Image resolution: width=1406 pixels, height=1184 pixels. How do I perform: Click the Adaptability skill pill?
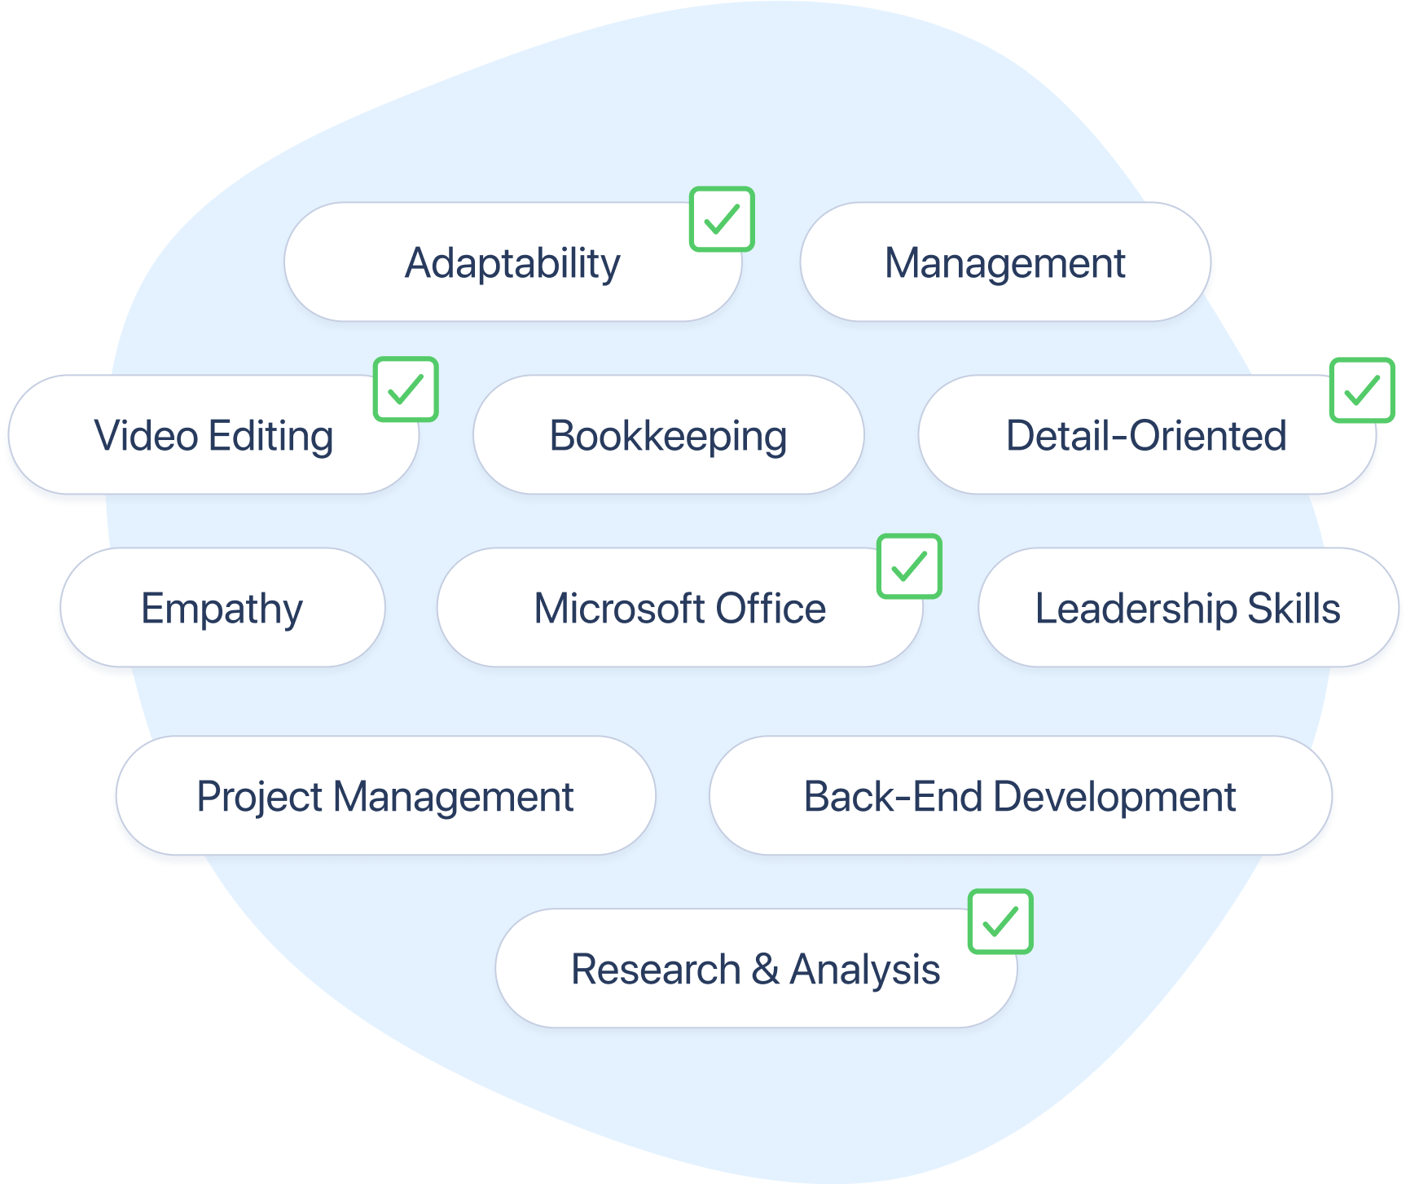(x=512, y=262)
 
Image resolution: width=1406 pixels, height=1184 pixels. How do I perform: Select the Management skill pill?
(x=1005, y=262)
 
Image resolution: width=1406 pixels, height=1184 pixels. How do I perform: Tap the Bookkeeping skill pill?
(x=668, y=434)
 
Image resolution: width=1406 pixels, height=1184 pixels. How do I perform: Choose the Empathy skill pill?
(x=222, y=607)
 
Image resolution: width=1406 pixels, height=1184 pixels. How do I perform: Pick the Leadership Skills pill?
(x=1189, y=607)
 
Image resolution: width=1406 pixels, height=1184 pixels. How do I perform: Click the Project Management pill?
(x=385, y=795)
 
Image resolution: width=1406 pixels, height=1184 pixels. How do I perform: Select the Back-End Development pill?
(x=1021, y=795)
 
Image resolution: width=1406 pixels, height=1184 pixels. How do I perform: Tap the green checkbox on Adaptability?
(x=722, y=219)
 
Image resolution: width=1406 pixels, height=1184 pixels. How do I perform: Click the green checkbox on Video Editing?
(x=406, y=390)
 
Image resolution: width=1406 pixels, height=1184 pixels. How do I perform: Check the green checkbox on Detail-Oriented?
(x=1362, y=390)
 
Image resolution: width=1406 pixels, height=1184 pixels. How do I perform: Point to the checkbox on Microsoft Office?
(x=909, y=566)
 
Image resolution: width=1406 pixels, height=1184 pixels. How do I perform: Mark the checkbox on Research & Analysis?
(x=1000, y=922)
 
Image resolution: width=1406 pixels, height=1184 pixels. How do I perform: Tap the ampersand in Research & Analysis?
(x=765, y=969)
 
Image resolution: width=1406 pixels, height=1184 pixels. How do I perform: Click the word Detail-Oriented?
(x=1146, y=435)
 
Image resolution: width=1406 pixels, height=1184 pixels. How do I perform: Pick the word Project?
(x=260, y=797)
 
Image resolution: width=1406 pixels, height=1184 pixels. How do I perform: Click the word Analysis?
(x=865, y=970)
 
